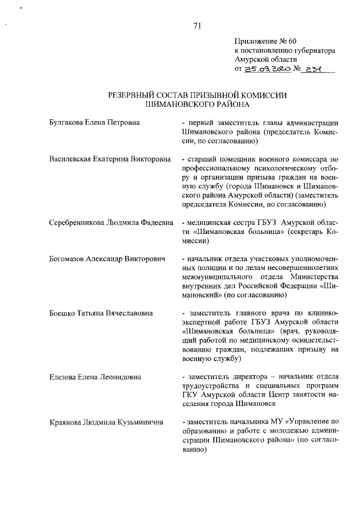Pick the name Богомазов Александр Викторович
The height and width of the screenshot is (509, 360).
pos(107,259)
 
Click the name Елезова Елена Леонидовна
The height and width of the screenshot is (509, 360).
pos(94,376)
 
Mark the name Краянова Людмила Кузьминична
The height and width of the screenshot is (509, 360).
pos(106,422)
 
